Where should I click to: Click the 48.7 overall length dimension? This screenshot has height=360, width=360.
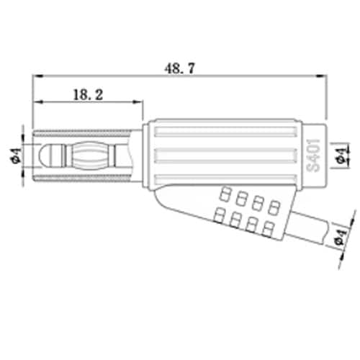(180, 68)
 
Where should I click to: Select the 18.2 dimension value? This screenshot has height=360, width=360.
(88, 95)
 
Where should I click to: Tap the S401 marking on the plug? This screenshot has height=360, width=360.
(313, 156)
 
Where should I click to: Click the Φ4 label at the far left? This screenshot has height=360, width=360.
(16, 156)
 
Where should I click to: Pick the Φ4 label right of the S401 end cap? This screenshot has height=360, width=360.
(341, 156)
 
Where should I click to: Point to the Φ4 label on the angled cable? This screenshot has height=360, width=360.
(341, 237)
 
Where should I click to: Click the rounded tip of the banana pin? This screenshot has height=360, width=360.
(42, 156)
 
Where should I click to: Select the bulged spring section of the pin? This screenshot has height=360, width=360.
(89, 156)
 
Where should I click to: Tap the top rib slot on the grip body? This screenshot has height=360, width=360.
(225, 132)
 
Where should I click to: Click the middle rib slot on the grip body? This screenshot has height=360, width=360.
(225, 156)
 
